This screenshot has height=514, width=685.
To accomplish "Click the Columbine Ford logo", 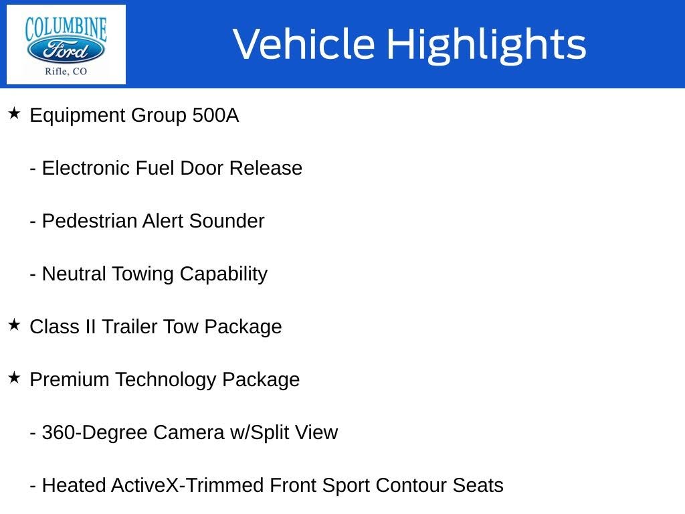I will pyautogui.click(x=66, y=44).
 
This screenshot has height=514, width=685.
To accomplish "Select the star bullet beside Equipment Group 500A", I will pyautogui.click(x=14, y=114).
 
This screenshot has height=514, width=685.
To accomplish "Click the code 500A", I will pyautogui.click(x=215, y=116).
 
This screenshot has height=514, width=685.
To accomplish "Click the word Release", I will pyautogui.click(x=266, y=168).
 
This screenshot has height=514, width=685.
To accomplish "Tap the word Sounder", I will pyautogui.click(x=227, y=221).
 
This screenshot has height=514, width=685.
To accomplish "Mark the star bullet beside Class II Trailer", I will pyautogui.click(x=14, y=325).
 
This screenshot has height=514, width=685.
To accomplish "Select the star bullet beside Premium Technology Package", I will pyautogui.click(x=14, y=378).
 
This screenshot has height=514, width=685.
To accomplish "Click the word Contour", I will pyautogui.click(x=407, y=485).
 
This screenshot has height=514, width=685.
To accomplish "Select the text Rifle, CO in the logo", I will pyautogui.click(x=66, y=72).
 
